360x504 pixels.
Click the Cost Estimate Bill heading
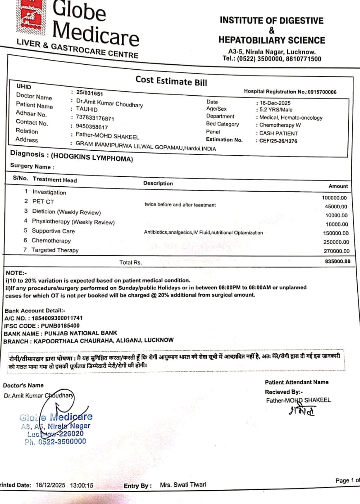pos(171,81)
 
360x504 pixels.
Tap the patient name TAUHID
pos(87,109)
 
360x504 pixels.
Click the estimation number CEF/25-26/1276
pos(278,141)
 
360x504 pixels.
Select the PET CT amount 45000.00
pos(336,207)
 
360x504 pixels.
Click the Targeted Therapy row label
pos(55,250)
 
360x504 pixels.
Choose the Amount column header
pos(338,186)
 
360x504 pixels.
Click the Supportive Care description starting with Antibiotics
pos(203,233)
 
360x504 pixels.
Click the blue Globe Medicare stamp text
pos(56,417)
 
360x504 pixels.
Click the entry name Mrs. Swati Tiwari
pos(183,485)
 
